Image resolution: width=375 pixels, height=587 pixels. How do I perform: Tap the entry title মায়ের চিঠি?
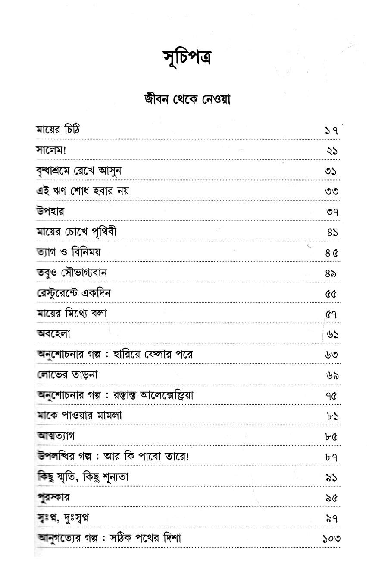58,130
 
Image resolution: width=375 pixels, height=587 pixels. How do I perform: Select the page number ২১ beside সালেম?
331,151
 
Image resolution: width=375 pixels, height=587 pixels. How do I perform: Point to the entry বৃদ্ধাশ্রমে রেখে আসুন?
78,171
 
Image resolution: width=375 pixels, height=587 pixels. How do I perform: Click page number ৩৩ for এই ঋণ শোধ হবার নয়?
331,191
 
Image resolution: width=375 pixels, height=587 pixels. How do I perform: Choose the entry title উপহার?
50,212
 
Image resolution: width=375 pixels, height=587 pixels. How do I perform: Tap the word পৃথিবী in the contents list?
104,232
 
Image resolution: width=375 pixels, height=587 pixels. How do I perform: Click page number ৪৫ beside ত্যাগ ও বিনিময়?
331,253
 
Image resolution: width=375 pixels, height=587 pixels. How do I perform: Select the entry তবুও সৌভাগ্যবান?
72,273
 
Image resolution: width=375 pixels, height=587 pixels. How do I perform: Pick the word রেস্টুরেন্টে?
60,293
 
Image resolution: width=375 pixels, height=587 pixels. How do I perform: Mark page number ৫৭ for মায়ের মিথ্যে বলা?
331,314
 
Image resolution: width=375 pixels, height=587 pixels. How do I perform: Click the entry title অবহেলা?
53,334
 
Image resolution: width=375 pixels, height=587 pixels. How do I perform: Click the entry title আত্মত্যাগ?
56,436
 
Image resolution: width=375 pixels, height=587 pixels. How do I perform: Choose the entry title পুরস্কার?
53,497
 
